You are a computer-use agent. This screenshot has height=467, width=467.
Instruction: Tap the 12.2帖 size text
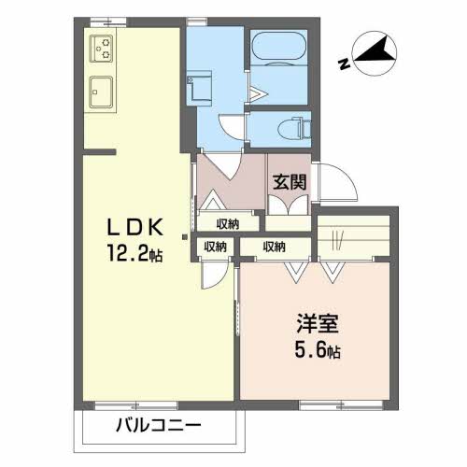[138, 253]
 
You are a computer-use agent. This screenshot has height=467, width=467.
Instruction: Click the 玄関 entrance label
[289, 183]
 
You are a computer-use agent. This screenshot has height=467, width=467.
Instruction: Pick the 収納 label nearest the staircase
[274, 247]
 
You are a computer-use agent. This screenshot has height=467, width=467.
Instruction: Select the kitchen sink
[101, 92]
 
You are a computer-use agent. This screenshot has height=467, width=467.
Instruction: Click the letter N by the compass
[345, 64]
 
